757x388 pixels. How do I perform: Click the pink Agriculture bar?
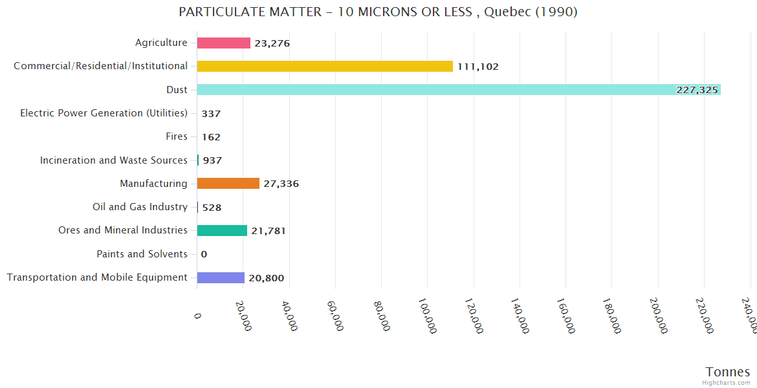tap(223, 43)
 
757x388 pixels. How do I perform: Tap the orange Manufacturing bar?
tap(228, 184)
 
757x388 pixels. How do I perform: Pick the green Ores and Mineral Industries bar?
tap(222, 230)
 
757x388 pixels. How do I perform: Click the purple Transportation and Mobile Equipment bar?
tap(221, 277)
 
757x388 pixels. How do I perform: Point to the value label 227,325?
tap(697, 90)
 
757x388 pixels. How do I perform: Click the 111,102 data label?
tap(478, 67)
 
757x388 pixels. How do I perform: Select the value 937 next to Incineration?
tap(212, 160)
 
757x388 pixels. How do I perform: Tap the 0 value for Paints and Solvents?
tap(204, 254)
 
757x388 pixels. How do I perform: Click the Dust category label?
tap(177, 89)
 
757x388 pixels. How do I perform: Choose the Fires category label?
tap(177, 136)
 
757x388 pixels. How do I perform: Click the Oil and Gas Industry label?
tap(140, 207)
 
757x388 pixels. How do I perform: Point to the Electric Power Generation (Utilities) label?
tap(104, 113)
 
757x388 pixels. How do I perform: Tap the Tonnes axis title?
tap(727, 372)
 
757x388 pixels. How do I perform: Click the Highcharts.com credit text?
tap(727, 383)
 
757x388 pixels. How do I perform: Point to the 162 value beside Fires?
tap(211, 137)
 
